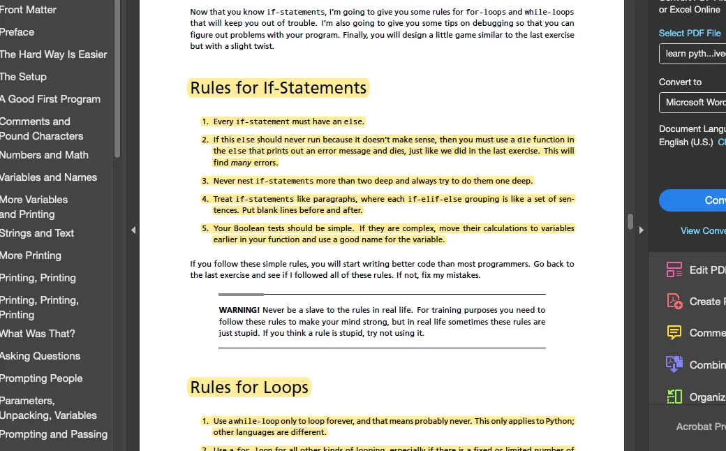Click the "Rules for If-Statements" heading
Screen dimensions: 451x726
[278, 88]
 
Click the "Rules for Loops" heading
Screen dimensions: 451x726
[249, 387]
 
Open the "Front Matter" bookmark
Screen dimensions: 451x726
[29, 10]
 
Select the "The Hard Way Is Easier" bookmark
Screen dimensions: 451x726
[54, 54]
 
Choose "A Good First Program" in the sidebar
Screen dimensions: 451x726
[50, 99]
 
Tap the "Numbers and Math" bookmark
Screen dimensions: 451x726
[44, 155]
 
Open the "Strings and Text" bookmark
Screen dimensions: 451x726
[37, 233]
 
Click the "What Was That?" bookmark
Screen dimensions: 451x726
[38, 334]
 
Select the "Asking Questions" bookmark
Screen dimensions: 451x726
[40, 356]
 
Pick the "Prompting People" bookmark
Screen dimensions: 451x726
[41, 378]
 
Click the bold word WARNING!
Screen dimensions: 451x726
[239, 310]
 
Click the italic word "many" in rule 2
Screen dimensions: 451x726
[241, 163]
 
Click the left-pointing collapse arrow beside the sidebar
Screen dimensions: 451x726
[133, 230]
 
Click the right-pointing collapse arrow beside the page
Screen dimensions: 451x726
[641, 230]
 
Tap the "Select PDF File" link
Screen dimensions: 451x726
[690, 33]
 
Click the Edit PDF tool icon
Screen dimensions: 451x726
[674, 270]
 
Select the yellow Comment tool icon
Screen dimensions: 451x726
[674, 333]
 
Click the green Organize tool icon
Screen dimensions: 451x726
[674, 397]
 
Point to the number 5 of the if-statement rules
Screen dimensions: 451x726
[205, 228]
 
